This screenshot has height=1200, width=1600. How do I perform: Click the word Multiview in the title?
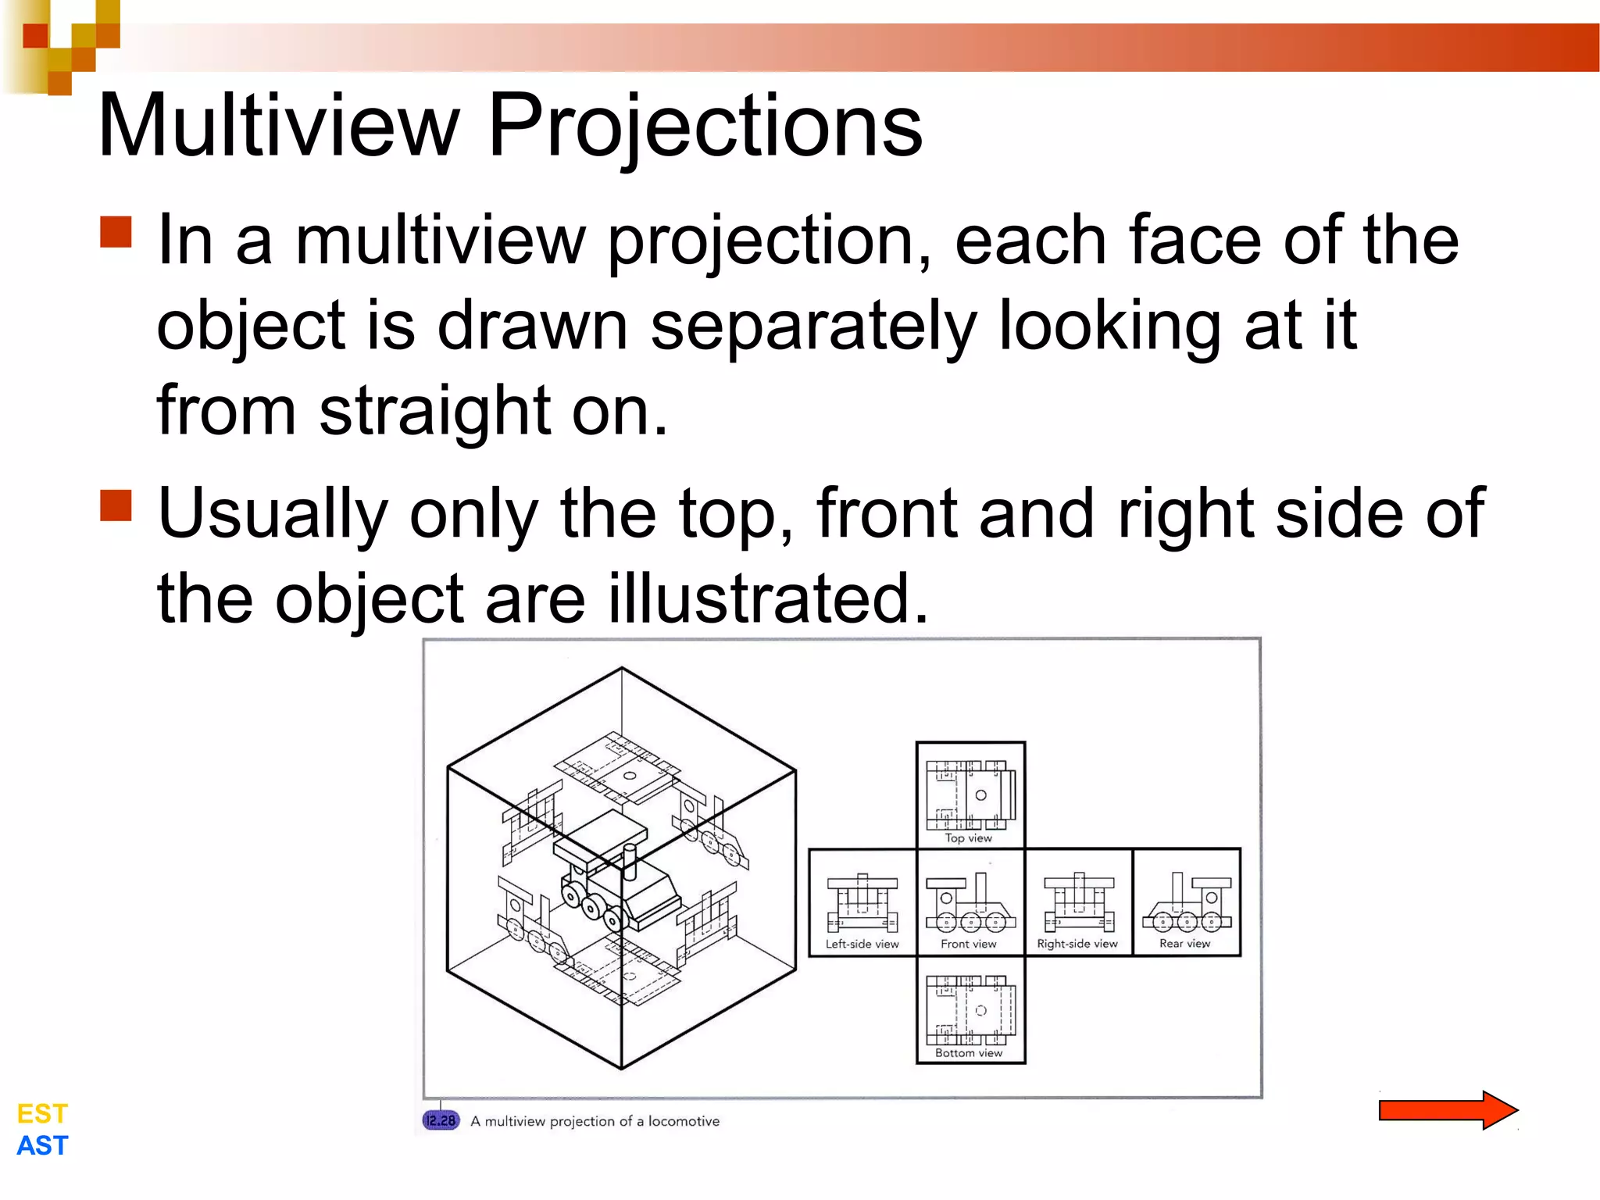[x=278, y=125]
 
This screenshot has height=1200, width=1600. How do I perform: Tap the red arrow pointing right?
[x=1448, y=1109]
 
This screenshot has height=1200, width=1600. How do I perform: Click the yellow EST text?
[x=42, y=1113]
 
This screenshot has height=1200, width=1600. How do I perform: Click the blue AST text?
[x=42, y=1145]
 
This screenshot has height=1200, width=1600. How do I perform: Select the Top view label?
[x=968, y=837]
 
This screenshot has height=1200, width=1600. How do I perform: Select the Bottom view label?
[x=968, y=1052]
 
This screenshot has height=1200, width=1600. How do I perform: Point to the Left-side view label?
[x=862, y=944]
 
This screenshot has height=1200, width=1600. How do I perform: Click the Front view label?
[x=968, y=944]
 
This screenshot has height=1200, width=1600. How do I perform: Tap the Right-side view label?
[x=1077, y=944]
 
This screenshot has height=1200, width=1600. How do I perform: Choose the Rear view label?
[x=1184, y=944]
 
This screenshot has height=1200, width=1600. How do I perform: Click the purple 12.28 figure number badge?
[x=441, y=1120]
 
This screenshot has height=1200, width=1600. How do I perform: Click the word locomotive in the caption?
[x=684, y=1121]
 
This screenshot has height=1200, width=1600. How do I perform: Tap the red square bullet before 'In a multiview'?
[x=116, y=232]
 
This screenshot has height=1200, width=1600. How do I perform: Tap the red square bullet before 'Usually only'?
[x=116, y=505]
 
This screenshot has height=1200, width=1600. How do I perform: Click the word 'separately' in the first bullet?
[x=813, y=326]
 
